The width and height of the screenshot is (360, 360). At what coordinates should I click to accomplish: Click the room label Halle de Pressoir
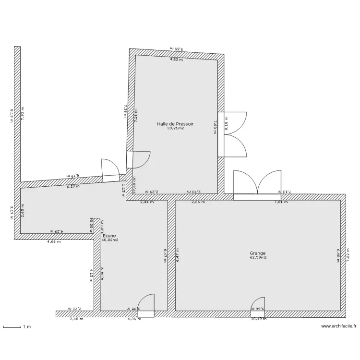click(175, 124)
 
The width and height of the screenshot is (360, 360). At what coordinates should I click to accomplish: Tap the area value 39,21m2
click(175, 129)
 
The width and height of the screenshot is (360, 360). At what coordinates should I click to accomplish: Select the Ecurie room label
click(109, 236)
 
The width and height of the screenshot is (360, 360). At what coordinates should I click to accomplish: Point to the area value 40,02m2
click(109, 240)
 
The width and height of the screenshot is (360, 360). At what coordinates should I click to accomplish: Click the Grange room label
click(257, 253)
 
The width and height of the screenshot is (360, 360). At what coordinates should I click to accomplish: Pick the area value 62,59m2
click(257, 257)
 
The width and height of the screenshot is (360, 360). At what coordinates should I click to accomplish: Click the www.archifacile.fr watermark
click(339, 326)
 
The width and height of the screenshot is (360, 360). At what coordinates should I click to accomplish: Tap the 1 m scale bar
click(17, 327)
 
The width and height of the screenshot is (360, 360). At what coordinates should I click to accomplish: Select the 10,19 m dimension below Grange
click(258, 319)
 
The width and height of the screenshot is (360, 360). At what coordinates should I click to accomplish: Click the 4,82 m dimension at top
click(177, 60)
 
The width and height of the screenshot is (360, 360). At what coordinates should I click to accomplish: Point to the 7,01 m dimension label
click(281, 202)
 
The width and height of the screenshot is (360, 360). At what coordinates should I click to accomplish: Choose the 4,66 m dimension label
click(54, 242)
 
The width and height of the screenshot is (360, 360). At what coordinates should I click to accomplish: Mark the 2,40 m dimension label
click(76, 319)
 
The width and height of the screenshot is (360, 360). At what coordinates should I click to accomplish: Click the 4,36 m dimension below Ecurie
click(134, 319)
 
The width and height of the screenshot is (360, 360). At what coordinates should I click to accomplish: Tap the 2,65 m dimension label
click(23, 211)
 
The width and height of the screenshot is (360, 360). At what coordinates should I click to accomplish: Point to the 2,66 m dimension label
click(198, 202)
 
